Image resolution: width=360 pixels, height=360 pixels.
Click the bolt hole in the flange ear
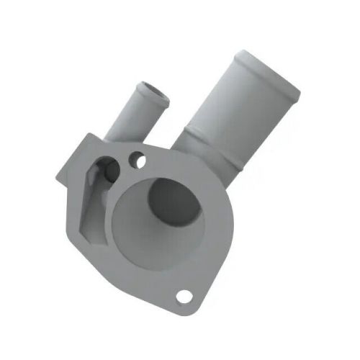tap(184, 295)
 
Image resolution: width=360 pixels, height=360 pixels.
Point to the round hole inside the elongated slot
tap(110, 169)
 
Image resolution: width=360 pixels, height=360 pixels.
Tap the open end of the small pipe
tap(153, 90)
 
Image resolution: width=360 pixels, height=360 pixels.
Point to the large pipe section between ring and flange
tap(205, 158)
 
